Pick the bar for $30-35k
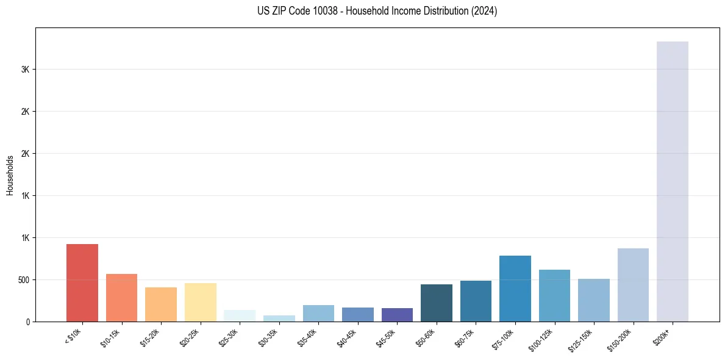pos(279,319)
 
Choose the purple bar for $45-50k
pos(397,315)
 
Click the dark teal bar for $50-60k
pos(437,303)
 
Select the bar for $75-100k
pos(515,289)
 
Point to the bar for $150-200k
pos(633,285)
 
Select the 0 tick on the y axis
pos(28,322)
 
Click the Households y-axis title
pos(10,175)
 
